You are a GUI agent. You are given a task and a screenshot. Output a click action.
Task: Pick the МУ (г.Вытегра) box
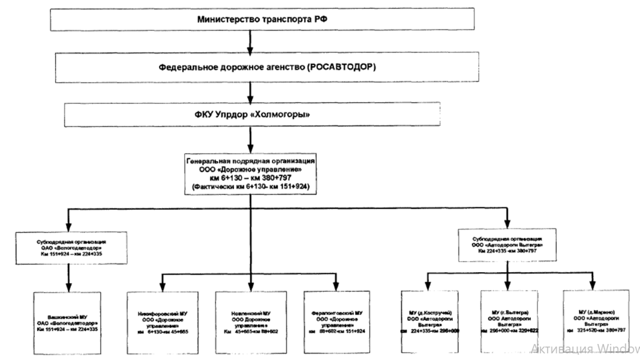(x=508, y=323)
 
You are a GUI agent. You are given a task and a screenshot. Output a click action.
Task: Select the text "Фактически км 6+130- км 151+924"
(x=249, y=186)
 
